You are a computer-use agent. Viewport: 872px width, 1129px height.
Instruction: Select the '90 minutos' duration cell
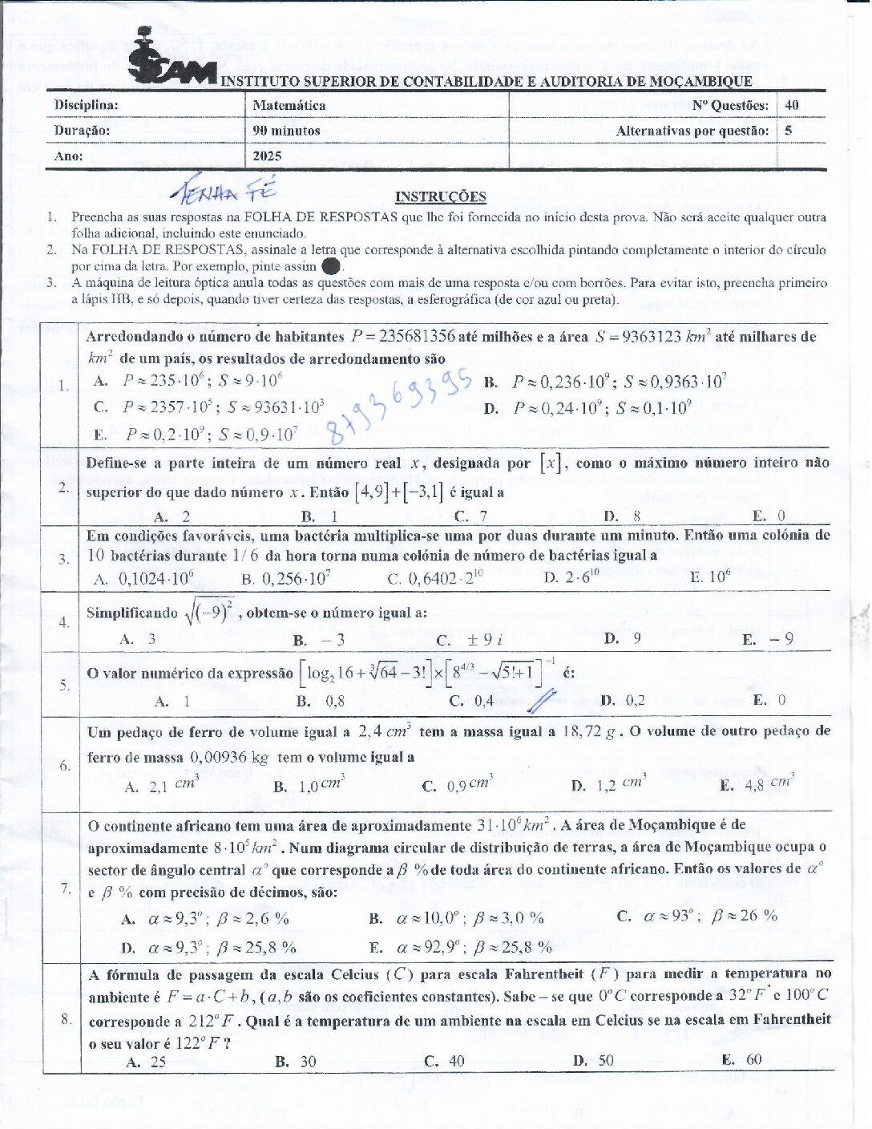point(286,131)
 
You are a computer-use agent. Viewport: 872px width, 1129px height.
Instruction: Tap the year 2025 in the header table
point(267,156)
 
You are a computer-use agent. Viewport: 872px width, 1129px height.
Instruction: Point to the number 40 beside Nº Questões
point(792,105)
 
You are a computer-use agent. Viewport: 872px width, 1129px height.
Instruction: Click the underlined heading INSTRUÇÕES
point(440,197)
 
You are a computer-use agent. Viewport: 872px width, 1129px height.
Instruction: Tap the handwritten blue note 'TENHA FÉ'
point(224,189)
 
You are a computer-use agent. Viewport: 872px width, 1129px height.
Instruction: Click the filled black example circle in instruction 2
point(330,266)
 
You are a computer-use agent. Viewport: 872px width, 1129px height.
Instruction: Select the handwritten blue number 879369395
point(401,407)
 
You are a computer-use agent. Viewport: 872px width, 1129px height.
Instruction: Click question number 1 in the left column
point(63,386)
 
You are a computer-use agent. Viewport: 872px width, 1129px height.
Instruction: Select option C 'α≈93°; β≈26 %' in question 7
point(697,916)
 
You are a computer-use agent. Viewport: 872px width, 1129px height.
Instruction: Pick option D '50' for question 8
point(595,1061)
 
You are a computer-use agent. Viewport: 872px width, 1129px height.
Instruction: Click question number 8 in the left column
point(66,1018)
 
